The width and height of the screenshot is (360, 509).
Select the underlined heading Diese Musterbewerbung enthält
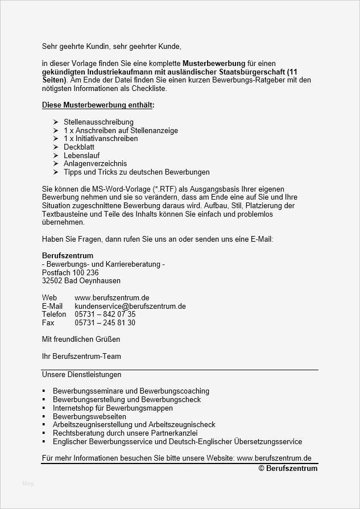pos(98,105)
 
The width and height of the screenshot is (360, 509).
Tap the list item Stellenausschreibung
pos(98,122)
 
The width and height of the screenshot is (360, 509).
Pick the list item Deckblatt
pos(80,147)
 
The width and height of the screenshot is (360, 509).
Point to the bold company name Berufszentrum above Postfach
pos(68,256)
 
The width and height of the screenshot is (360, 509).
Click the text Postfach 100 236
pos(70,272)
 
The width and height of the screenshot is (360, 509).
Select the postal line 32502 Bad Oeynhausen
pos(81,281)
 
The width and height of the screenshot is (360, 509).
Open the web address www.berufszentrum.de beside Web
pos(111,297)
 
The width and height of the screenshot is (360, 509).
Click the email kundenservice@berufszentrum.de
pos(130,306)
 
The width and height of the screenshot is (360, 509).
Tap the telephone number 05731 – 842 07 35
pos(105,314)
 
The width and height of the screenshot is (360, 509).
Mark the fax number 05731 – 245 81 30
pos(105,322)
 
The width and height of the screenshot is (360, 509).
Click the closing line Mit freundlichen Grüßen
pos(81,339)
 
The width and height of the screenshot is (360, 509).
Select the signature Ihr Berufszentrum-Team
pos(81,357)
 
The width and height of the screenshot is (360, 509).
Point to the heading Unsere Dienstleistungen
pos(81,375)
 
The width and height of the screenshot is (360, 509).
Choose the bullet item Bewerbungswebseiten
pos(89,416)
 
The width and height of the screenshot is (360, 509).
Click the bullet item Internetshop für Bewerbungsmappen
pos(114,408)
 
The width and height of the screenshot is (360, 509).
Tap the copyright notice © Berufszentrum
pos(288,468)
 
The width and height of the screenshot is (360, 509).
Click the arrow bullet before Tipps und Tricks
pos(56,172)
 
